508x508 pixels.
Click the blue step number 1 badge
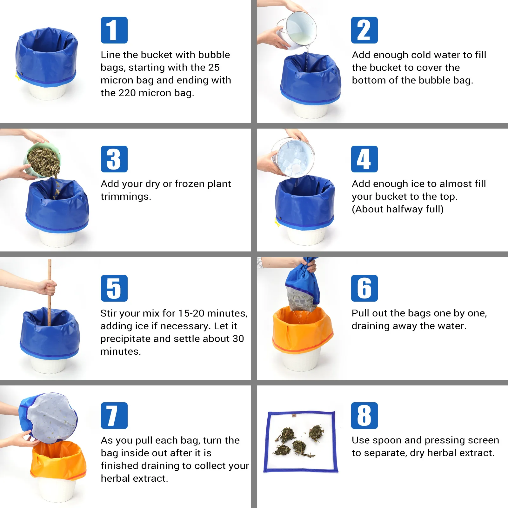pos(114,30)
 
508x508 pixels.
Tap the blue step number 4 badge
pos(364,159)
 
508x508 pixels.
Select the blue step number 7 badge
pos(114,415)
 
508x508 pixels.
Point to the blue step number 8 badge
pos(364,415)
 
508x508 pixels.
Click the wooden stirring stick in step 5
pos(49,286)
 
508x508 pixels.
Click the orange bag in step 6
pos(302,333)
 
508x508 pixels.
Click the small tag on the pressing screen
pos(294,415)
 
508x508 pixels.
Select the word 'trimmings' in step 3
pos(126,197)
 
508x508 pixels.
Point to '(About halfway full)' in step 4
pos(398,209)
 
